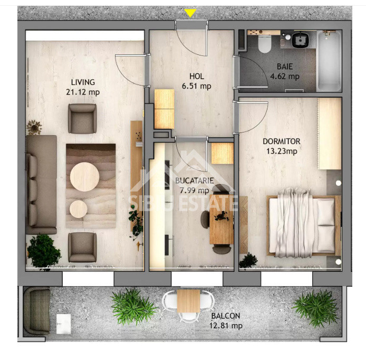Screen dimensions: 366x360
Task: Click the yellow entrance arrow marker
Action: coord(190,13)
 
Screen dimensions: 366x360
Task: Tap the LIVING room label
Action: coord(83,82)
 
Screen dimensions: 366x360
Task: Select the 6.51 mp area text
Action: coord(197,86)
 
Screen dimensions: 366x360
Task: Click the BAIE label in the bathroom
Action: coord(285,67)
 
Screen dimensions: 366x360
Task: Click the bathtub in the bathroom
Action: coord(329,61)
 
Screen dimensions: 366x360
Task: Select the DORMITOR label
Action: coord(282,141)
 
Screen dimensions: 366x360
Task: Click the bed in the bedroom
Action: coord(303,226)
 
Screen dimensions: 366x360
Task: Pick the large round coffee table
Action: coord(84,177)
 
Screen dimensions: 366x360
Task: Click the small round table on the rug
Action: coord(79,209)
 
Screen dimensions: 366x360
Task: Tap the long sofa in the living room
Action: coord(41,185)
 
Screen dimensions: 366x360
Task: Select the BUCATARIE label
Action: coord(195,181)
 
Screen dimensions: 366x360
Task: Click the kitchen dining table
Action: coord(221,219)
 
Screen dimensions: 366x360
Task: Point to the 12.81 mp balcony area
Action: coord(226,326)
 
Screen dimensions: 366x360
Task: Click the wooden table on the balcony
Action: coord(188,301)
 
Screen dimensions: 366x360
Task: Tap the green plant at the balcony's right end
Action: coord(315,308)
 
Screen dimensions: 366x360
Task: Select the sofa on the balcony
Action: coord(37,311)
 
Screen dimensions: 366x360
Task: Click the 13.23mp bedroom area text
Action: coord(282,151)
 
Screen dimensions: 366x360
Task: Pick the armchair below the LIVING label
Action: coord(82,119)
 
